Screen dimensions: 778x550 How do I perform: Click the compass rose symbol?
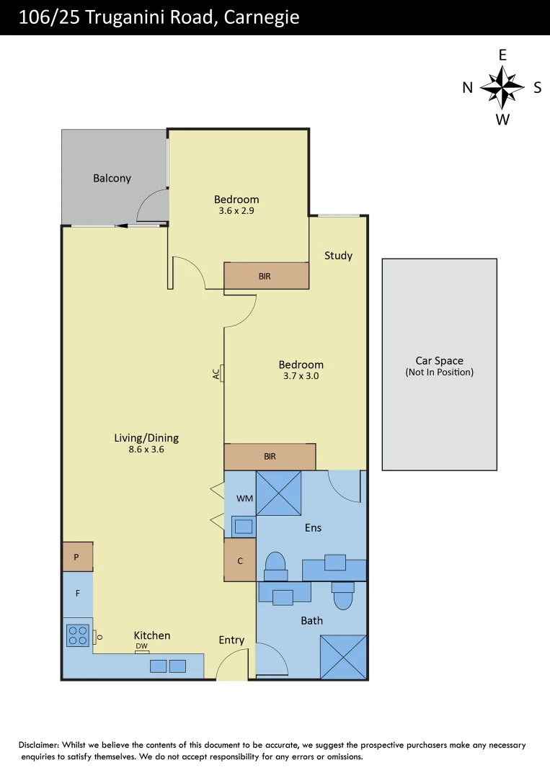coord(502,87)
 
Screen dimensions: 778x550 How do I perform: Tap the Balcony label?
coord(112,178)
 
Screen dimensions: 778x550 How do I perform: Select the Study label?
coord(338,256)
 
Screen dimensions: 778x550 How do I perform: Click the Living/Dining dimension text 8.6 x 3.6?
coord(146,450)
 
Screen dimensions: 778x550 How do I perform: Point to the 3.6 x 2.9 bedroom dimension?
coord(236,212)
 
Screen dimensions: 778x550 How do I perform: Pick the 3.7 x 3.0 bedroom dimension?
coord(301,376)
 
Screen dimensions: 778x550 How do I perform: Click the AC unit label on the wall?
coord(216,374)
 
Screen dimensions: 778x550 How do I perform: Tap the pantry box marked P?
coord(77,557)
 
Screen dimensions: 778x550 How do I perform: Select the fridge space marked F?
coord(77,594)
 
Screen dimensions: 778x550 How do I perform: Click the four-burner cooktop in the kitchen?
coord(78,635)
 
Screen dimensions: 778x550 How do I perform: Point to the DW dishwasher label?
coord(142,647)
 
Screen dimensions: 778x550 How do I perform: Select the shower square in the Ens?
coord(278,493)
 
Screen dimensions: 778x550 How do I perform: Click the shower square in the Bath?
coord(343,656)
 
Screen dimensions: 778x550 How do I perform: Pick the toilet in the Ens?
coord(275,565)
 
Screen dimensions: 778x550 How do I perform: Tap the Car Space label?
coord(439,361)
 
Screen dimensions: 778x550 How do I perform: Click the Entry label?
coord(231,640)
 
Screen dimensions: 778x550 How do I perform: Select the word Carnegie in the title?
coord(262,17)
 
